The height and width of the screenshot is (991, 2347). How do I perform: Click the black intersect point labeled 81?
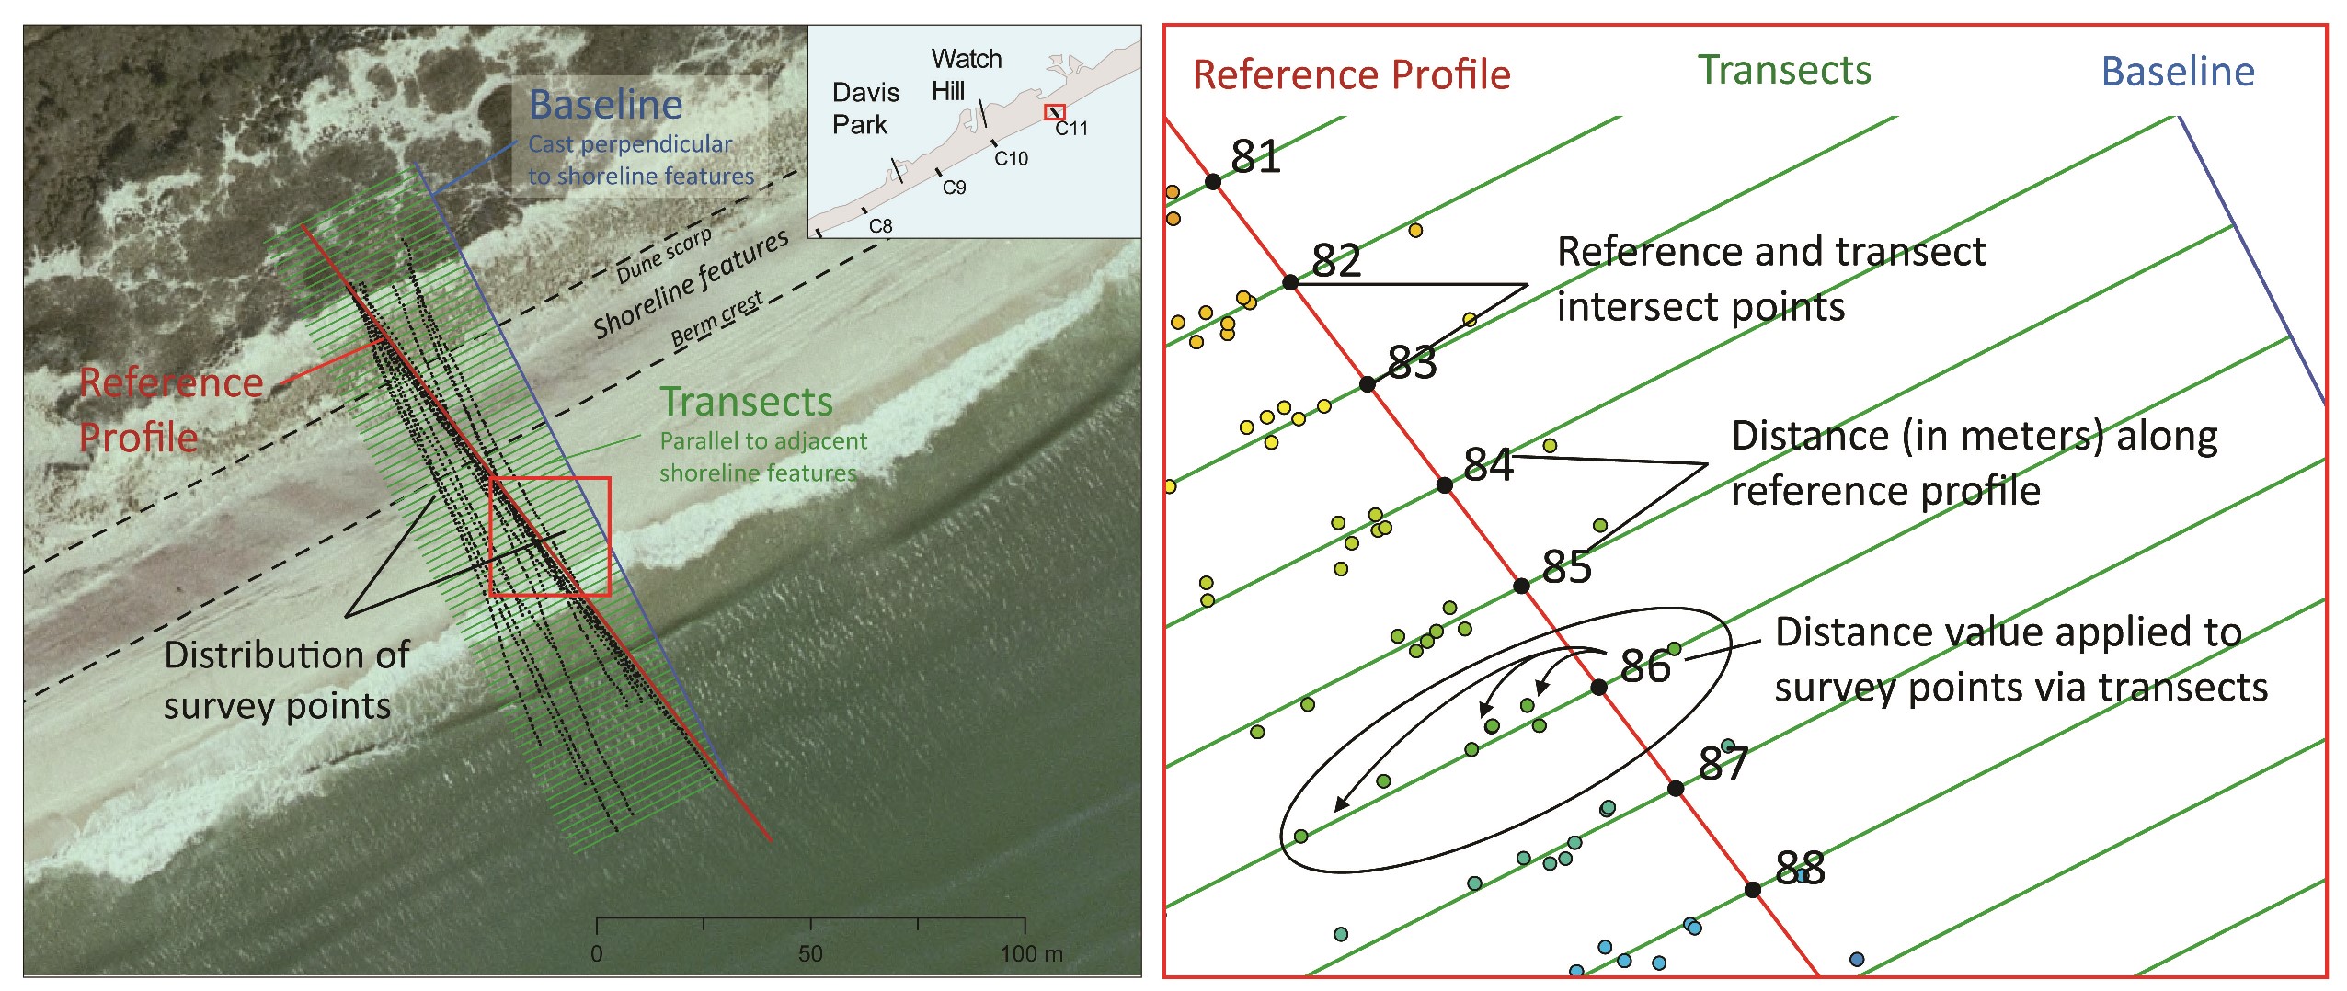point(1213,182)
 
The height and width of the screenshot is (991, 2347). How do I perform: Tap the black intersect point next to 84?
point(1445,484)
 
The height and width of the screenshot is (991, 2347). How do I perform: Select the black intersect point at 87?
point(1676,788)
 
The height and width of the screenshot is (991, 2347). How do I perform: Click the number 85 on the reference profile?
point(1567,566)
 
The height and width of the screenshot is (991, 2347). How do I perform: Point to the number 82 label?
point(1336,260)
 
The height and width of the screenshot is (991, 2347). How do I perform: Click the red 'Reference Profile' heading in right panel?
point(1351,74)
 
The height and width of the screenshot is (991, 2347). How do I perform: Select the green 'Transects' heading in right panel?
point(1784,71)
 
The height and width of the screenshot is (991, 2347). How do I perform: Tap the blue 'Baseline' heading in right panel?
point(2178,72)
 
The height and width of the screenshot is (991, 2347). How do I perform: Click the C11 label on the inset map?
point(1071,129)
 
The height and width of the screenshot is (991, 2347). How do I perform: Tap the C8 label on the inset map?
point(880,226)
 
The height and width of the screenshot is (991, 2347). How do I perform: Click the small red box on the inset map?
point(1054,112)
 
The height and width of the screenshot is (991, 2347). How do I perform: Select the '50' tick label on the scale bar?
point(810,953)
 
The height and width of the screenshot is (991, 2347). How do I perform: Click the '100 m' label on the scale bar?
point(1031,953)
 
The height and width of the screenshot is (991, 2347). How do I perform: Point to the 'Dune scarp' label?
point(664,256)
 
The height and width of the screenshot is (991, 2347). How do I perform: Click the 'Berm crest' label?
point(716,319)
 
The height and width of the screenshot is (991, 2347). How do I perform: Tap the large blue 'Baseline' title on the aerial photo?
point(605,105)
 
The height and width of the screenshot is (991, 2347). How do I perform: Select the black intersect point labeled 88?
point(1752,889)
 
